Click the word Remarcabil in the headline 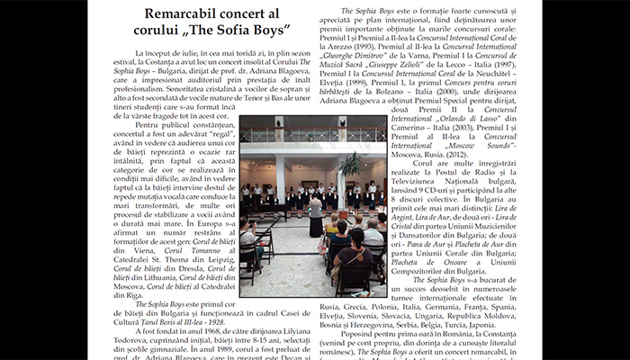(178, 14)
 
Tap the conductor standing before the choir (315, 216)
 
